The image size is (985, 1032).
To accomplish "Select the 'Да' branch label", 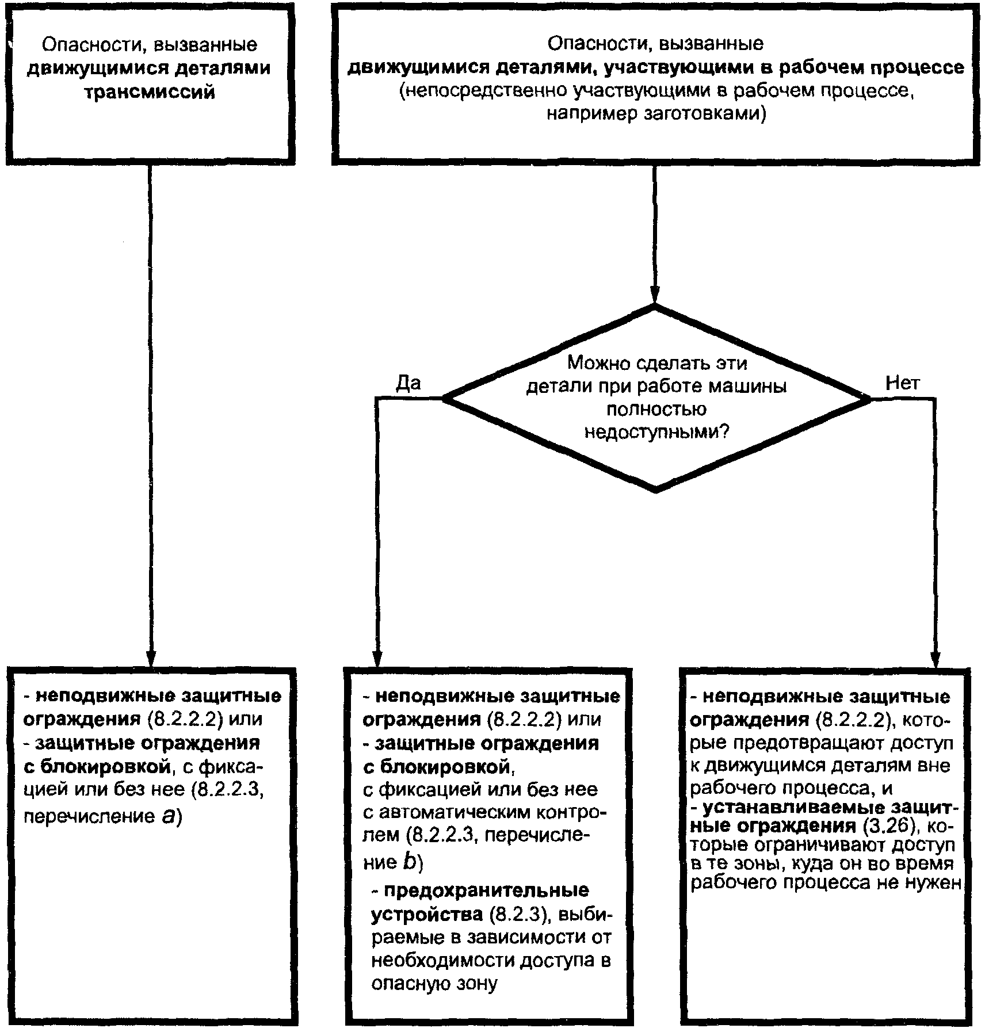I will [x=408, y=383].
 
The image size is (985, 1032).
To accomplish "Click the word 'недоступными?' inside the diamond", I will [x=656, y=432].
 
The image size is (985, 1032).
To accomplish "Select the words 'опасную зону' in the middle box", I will [x=434, y=984].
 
